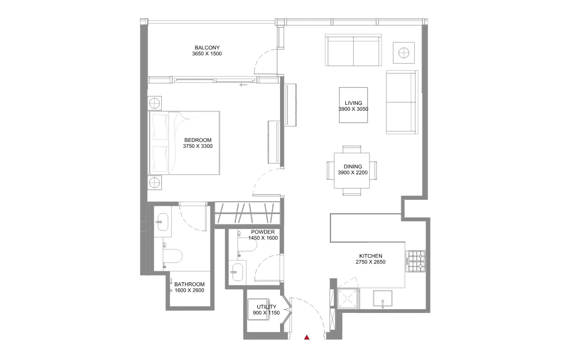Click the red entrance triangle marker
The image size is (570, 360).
(x=307, y=337)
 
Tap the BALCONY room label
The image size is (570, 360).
(x=207, y=47)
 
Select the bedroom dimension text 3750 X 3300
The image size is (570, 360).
(x=198, y=146)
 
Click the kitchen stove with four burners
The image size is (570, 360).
(x=416, y=262)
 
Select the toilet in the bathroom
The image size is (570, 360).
(x=173, y=256)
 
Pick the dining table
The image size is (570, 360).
(x=352, y=171)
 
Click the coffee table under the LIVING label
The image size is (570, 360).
(x=353, y=103)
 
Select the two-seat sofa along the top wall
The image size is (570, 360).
(x=353, y=50)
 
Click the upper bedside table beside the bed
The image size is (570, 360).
(x=155, y=103)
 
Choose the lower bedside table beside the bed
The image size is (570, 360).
(x=155, y=182)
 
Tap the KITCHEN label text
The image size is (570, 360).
(x=370, y=256)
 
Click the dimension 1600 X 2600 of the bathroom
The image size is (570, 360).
(x=189, y=290)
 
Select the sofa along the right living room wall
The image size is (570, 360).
(x=401, y=102)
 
